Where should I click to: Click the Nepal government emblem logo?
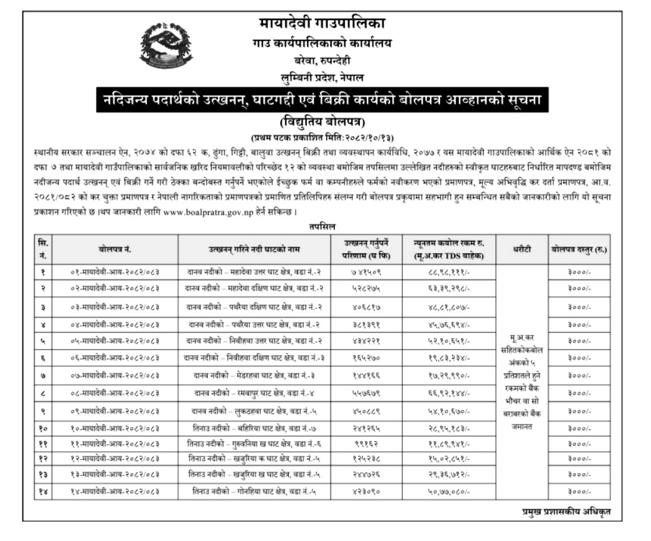(x=165, y=48)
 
